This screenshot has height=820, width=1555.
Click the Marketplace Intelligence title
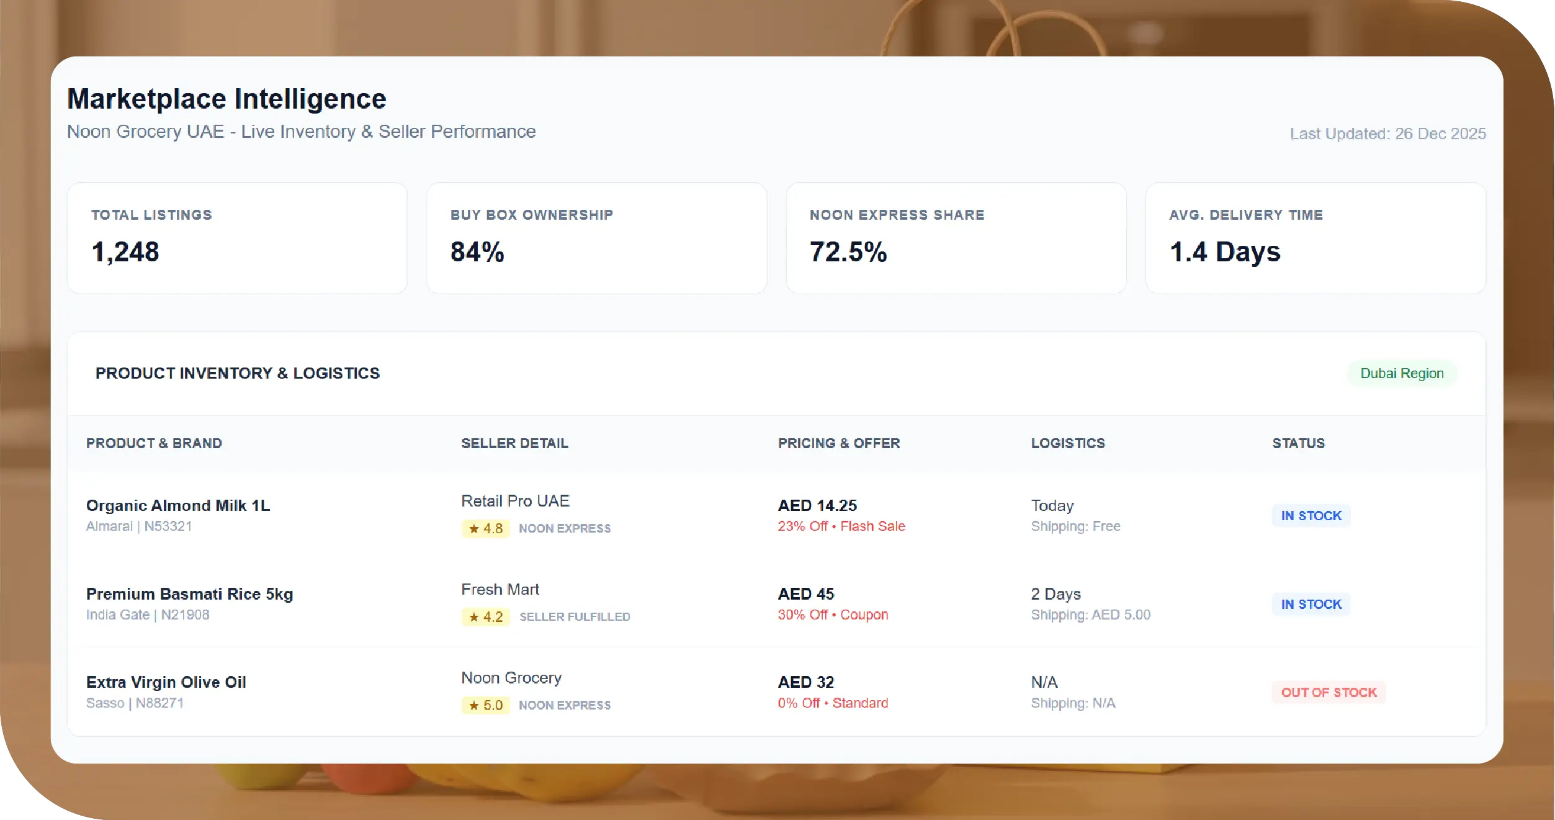[226, 99]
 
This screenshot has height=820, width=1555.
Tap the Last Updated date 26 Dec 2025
[1387, 133]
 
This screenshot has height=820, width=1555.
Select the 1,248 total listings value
[125, 252]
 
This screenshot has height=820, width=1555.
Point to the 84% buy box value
[477, 252]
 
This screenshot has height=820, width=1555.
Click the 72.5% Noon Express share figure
[848, 252]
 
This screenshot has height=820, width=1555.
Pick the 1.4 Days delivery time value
[1225, 252]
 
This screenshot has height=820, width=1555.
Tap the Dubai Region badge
[1402, 373]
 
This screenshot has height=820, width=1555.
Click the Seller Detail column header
[514, 443]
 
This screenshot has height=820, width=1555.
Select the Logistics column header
[1068, 443]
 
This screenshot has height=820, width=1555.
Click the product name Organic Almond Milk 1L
[178, 505]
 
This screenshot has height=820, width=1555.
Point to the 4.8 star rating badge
[486, 528]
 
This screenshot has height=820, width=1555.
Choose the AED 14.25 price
[817, 505]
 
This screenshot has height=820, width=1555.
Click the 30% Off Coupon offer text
[833, 615]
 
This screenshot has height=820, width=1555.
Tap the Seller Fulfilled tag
[575, 616]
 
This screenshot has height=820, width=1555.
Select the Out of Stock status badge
[1329, 692]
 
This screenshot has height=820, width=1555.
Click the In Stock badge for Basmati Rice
[1311, 604]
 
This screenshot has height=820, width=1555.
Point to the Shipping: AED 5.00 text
[1090, 615]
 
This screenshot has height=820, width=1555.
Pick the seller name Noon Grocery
[511, 678]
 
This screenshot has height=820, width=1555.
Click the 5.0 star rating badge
[486, 705]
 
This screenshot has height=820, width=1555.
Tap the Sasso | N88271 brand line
[135, 703]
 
